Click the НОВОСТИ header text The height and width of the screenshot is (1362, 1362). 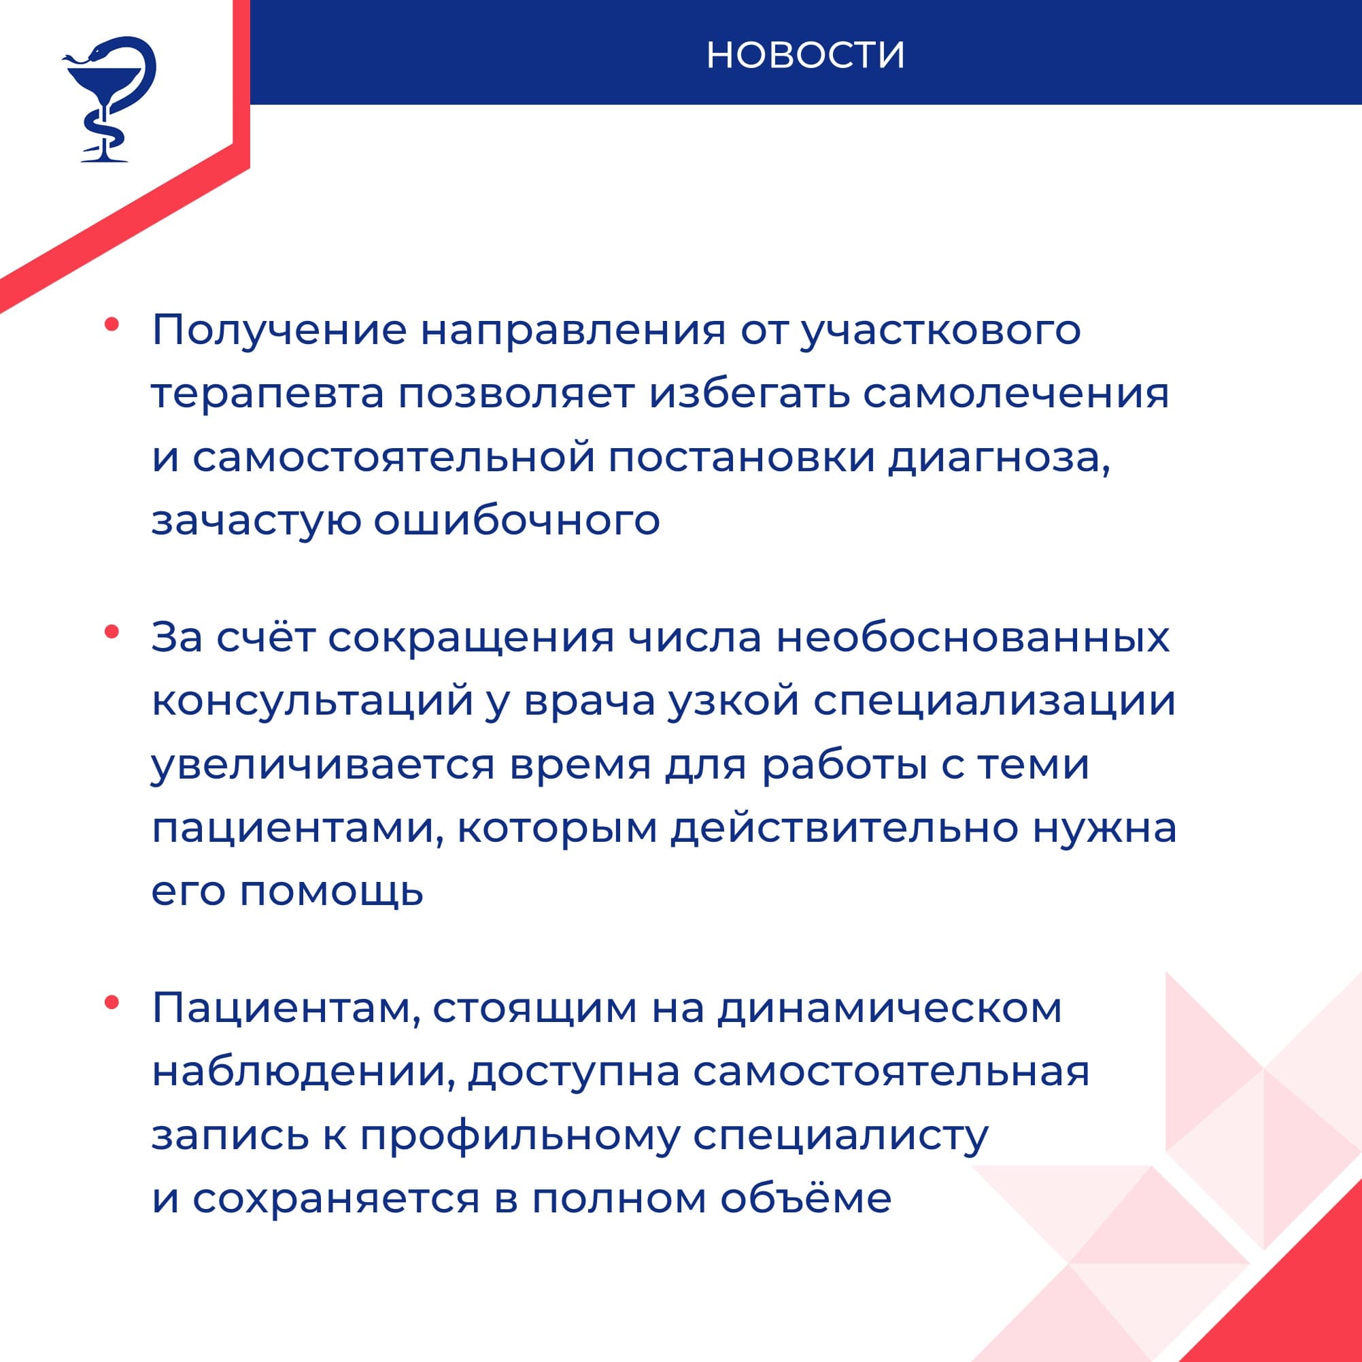(805, 55)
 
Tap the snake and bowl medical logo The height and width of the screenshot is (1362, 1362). (108, 99)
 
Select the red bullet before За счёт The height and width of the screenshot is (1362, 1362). (112, 632)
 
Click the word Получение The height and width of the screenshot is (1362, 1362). (279, 330)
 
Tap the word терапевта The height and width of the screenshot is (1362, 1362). (268, 394)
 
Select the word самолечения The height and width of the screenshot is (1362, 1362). (1016, 394)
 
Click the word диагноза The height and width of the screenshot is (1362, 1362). (999, 458)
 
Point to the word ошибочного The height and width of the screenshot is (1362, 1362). (517, 520)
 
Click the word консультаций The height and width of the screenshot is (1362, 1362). (312, 702)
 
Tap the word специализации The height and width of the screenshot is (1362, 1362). (994, 702)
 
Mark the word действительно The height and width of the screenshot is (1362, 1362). (845, 828)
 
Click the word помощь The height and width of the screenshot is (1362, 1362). (331, 891)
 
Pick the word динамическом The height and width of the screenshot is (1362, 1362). (889, 1009)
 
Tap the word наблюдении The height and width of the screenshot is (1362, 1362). (301, 1072)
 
